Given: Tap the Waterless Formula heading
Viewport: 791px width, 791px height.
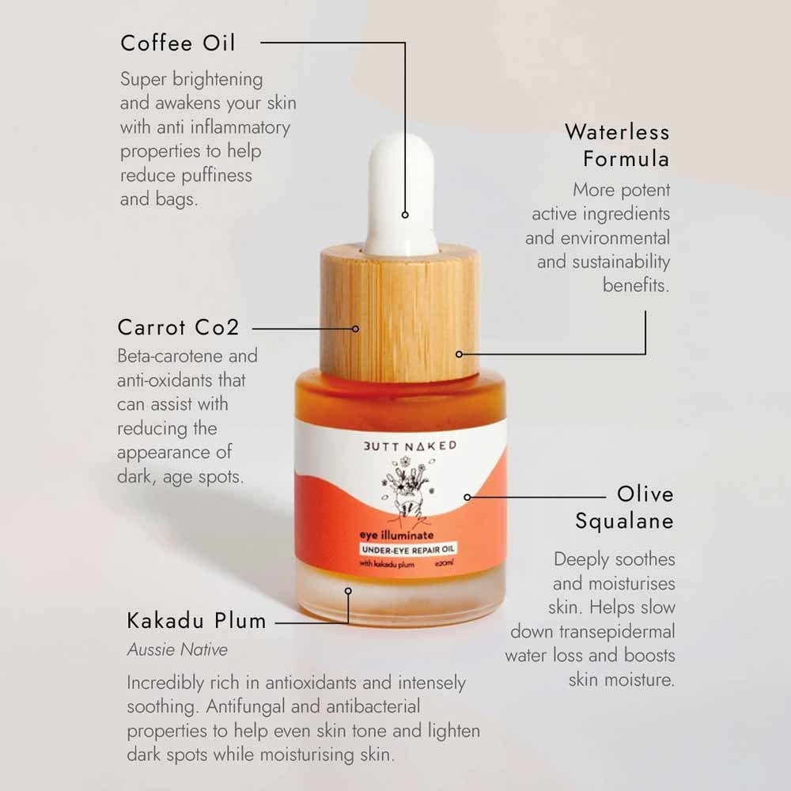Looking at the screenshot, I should (x=617, y=145).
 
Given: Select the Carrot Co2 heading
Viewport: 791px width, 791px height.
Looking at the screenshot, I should (x=178, y=327).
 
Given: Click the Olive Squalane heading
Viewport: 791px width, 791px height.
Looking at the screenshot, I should (x=625, y=508).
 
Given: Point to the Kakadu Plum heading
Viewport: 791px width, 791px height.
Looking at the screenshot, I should (x=196, y=621).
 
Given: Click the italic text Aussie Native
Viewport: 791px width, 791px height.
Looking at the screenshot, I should (x=177, y=649).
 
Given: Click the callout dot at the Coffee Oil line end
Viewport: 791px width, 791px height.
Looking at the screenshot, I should (x=405, y=214).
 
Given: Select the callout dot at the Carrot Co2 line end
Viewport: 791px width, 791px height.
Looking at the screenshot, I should (x=355, y=327).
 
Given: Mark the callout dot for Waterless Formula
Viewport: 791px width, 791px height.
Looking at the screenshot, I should (x=460, y=354).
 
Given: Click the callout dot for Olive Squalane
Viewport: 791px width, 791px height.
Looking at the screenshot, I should (x=467, y=498).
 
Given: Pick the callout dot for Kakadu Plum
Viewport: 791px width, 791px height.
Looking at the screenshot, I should (x=347, y=590).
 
